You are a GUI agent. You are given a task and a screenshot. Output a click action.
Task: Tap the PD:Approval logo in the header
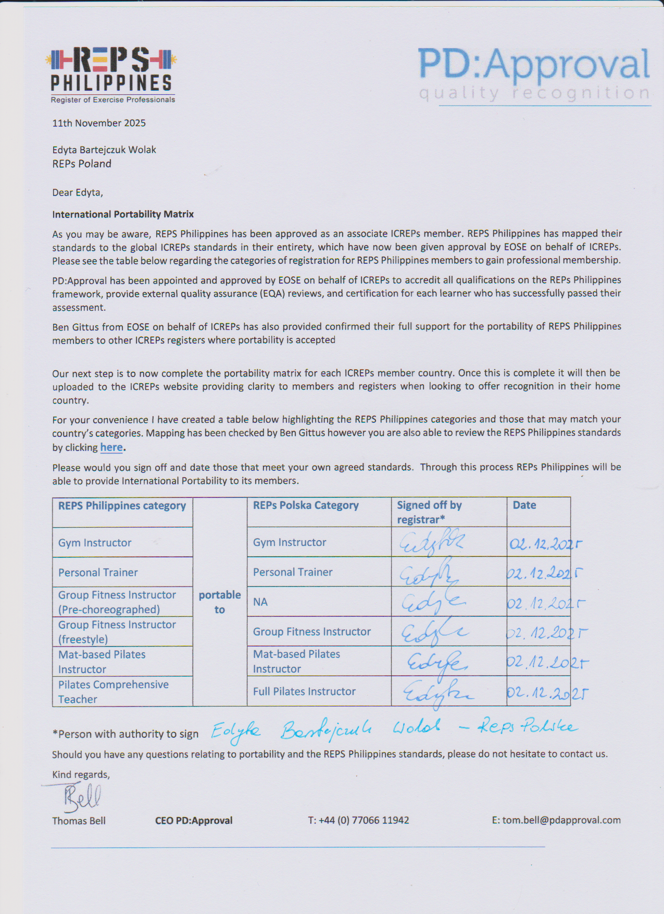(x=534, y=74)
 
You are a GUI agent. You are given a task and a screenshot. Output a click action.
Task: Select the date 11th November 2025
(x=99, y=123)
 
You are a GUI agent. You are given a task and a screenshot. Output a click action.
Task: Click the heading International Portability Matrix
(x=123, y=214)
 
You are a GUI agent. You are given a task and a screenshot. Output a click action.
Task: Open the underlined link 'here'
(x=111, y=447)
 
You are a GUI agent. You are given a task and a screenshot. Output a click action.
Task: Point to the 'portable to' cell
(x=220, y=602)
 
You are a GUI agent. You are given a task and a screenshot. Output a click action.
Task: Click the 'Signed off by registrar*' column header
(x=429, y=512)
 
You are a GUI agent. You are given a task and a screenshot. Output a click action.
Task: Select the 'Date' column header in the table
(x=524, y=505)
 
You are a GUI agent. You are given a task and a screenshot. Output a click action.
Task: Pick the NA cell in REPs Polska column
(x=260, y=602)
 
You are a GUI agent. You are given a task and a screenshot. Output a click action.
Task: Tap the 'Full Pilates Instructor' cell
(x=304, y=691)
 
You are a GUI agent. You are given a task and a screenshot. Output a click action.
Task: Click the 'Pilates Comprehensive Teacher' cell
(x=114, y=692)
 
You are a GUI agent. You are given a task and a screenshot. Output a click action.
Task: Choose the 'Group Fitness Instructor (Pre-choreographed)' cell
(x=117, y=602)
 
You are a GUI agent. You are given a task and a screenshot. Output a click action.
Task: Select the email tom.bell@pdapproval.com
(x=556, y=820)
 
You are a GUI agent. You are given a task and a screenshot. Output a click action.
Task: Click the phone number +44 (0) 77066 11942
(x=358, y=820)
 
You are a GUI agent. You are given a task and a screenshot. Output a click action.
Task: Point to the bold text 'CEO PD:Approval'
(x=194, y=820)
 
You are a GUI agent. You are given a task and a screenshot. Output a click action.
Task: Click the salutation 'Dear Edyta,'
(x=78, y=192)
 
